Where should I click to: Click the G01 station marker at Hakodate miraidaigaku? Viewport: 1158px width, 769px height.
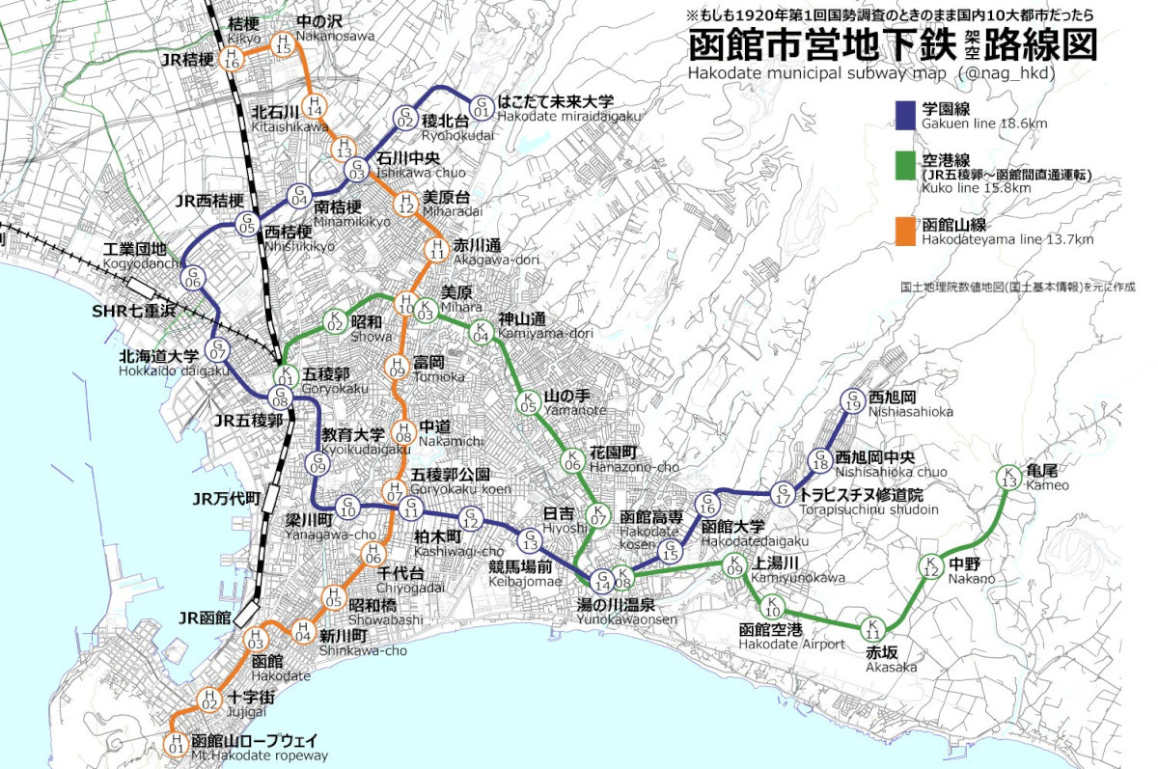coord(481,103)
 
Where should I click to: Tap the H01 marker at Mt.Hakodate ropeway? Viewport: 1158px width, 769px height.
coord(175,743)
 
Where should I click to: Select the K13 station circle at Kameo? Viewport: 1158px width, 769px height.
coord(1009,478)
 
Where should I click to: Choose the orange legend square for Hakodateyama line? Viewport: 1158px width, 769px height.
coord(905,232)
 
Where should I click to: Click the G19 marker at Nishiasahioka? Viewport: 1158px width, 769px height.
coord(853,399)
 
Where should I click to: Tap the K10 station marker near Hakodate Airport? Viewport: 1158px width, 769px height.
coord(773,607)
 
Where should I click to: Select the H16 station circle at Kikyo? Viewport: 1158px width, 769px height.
coord(232,58)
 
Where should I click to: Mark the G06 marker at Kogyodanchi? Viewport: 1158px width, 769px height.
coord(193,277)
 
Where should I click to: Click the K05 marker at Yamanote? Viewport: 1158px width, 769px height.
coord(528,403)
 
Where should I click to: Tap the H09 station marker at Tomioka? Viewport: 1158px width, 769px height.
coord(396,367)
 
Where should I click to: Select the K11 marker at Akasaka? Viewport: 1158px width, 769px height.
coord(872,627)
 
